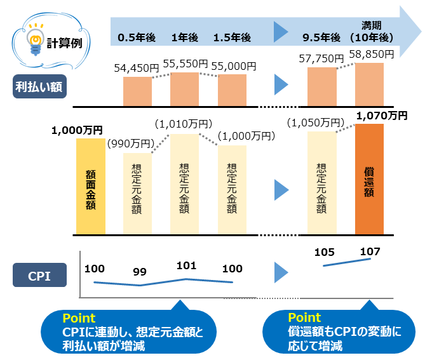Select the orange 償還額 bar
point(369,179)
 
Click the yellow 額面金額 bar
point(90,186)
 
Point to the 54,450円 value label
point(137,68)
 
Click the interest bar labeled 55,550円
point(185,89)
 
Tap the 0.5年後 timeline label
point(137,37)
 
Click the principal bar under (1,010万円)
point(185,184)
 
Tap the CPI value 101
point(187,265)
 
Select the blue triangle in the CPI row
point(281,272)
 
